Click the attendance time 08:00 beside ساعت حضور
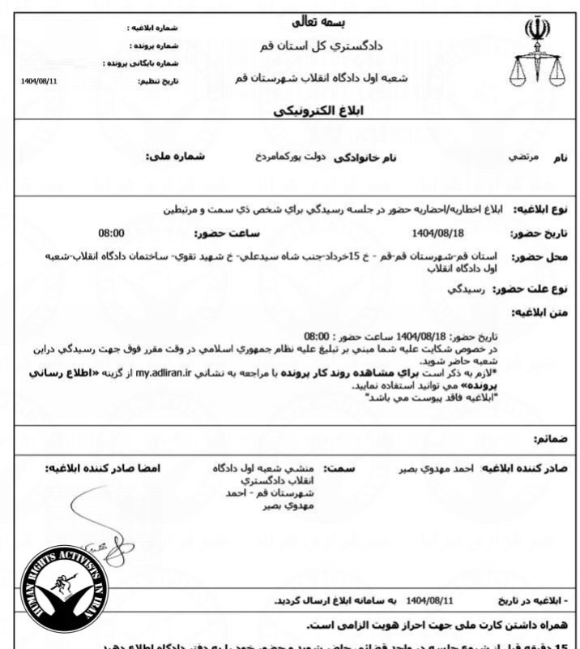(113, 232)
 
